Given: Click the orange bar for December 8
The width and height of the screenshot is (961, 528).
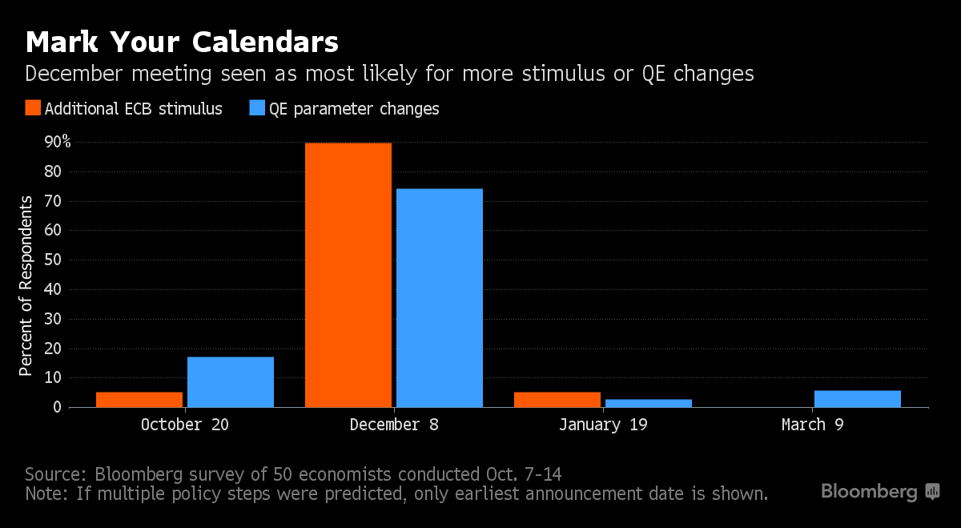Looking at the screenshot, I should click(348, 275).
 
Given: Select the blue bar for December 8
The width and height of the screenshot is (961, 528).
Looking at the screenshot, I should click(440, 297).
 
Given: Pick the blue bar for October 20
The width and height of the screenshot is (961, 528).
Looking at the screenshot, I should click(231, 381).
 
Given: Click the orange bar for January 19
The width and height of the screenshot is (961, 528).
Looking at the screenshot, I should click(557, 399).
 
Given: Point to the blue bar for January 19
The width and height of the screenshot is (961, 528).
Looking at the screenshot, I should click(649, 403).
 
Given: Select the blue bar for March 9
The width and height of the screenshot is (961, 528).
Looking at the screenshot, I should click(858, 398).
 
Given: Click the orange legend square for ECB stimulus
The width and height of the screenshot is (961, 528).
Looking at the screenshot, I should click(33, 108).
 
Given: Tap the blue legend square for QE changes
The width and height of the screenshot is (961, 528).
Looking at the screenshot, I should click(258, 108).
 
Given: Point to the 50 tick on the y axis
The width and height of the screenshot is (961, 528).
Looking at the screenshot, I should click(52, 260).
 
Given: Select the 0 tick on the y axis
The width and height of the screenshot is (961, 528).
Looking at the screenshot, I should click(57, 407).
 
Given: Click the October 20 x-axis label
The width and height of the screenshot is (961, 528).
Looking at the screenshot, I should click(184, 425).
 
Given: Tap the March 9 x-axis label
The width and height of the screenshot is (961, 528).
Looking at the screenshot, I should click(812, 425).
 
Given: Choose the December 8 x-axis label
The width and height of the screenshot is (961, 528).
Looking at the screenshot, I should click(394, 425).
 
